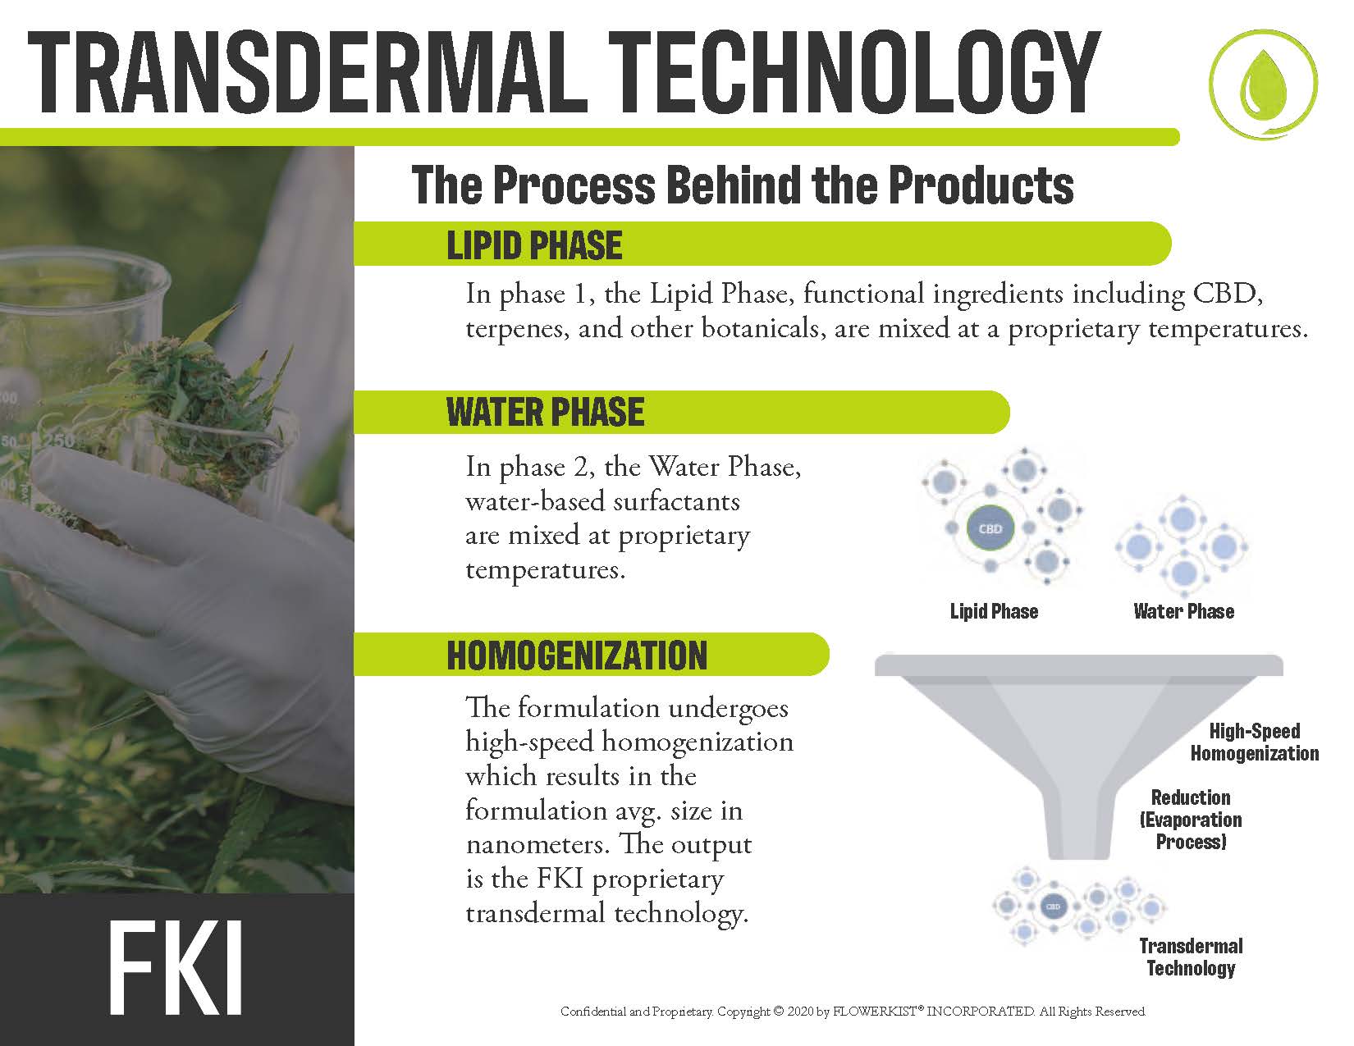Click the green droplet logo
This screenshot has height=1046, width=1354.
[1263, 85]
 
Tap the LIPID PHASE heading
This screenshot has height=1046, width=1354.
[534, 244]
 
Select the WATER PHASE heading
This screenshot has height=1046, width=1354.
[545, 412]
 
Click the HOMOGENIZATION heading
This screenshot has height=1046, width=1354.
[577, 655]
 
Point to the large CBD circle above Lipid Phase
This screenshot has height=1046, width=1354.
[990, 529]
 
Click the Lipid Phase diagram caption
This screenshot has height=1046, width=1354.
[994, 611]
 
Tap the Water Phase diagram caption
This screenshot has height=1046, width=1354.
[1183, 611]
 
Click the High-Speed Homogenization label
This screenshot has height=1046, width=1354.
[1255, 742]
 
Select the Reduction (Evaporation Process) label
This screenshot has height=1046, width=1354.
[1190, 820]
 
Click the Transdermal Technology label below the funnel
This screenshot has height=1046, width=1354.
[1191, 957]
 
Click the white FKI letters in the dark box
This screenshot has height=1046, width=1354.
[176, 970]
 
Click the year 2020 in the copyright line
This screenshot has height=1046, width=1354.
[800, 1011]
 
